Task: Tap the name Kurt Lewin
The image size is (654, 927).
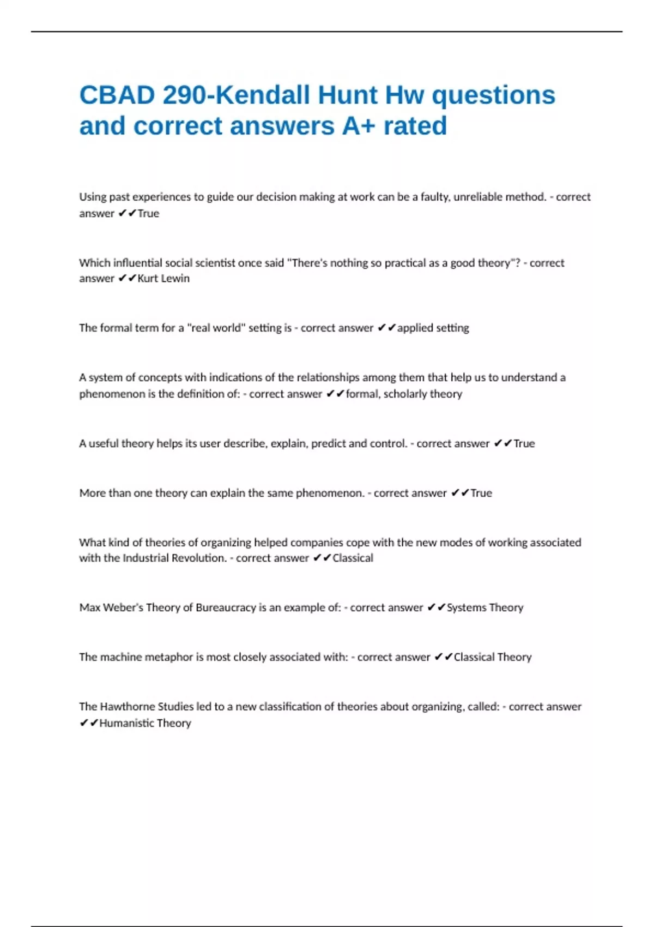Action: (163, 279)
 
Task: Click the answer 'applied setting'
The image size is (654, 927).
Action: (433, 328)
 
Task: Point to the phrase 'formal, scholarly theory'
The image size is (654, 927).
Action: (404, 394)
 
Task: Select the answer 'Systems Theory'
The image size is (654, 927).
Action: (485, 607)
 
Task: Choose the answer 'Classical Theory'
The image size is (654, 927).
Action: (493, 657)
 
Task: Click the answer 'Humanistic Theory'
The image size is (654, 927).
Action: (145, 723)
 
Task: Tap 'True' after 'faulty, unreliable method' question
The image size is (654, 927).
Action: (148, 214)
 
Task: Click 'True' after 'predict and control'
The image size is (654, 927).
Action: (524, 443)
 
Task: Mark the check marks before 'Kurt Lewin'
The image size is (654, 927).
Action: (128, 279)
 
